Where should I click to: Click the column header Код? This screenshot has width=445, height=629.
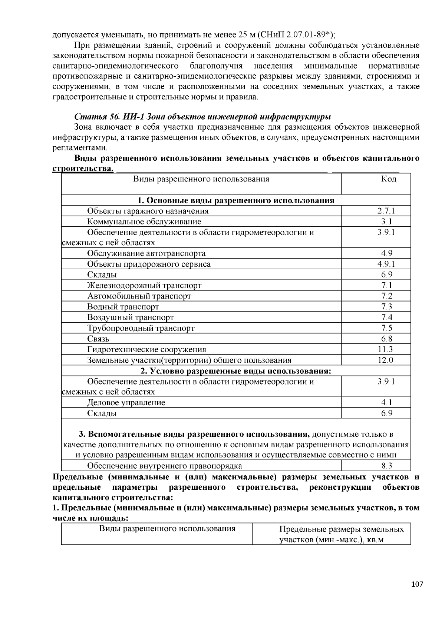point(388,179)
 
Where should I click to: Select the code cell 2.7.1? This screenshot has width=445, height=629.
point(386,211)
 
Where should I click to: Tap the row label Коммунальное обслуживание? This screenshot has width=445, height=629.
point(144,222)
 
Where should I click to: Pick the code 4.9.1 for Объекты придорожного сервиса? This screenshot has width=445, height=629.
point(386,264)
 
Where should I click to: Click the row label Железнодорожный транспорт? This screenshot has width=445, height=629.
point(144,286)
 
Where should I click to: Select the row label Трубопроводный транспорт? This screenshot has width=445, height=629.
point(141,328)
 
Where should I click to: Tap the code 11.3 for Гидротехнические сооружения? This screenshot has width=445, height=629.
point(386,349)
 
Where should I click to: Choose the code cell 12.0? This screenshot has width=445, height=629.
point(386,360)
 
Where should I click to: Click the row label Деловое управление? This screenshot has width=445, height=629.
point(126,403)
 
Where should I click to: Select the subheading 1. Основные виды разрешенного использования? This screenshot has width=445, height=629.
point(236,200)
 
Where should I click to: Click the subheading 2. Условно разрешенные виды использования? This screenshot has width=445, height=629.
point(235,371)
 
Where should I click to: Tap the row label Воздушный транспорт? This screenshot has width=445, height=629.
point(130,317)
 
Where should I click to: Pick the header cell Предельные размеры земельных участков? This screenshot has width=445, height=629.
point(341,534)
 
